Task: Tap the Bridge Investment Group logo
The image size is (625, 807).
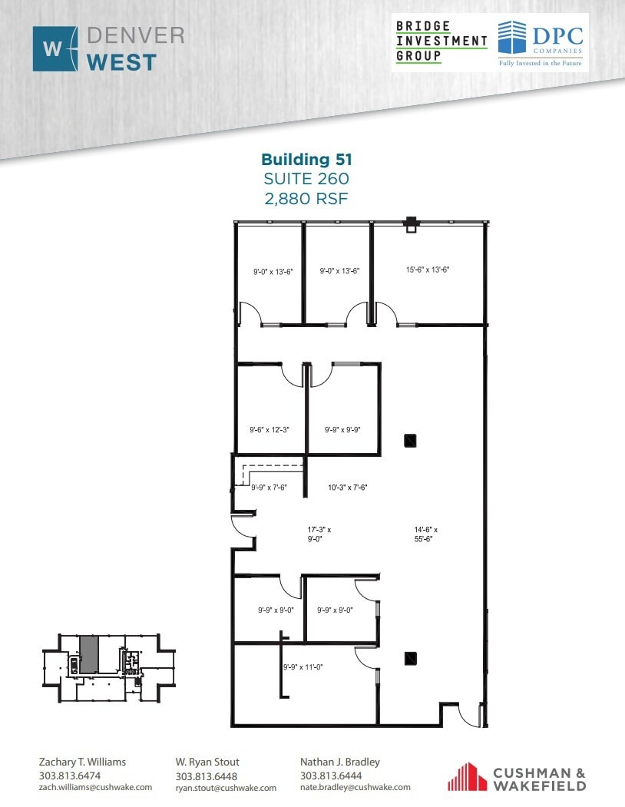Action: (x=441, y=41)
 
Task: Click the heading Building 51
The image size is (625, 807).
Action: (x=306, y=160)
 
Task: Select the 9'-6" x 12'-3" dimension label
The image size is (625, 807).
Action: (x=269, y=430)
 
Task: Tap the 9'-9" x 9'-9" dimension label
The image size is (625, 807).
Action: (x=342, y=430)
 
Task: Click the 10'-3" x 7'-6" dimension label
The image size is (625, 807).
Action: (x=349, y=487)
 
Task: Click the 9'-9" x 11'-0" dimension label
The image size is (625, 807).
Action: (x=303, y=666)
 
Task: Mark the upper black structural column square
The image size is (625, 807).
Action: (x=411, y=441)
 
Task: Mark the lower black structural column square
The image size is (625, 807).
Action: (x=411, y=657)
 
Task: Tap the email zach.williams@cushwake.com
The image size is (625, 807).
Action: (x=95, y=787)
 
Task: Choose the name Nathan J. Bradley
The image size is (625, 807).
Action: (x=339, y=762)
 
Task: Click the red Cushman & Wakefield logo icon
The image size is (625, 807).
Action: (x=467, y=776)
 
